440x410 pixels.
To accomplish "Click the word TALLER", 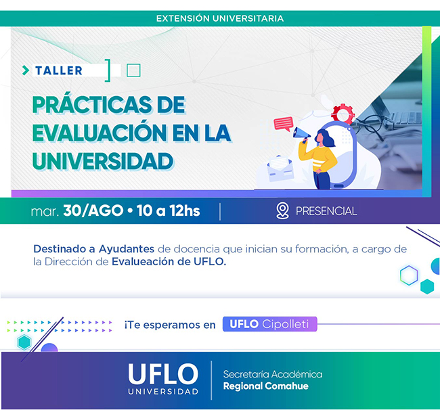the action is [59, 70].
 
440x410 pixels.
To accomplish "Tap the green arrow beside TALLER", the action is [26, 70].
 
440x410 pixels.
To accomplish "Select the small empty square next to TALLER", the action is [133, 70].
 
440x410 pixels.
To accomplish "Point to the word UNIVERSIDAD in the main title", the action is [103, 161].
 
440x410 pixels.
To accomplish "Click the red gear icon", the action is [343, 114].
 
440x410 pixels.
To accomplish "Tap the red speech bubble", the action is [284, 124].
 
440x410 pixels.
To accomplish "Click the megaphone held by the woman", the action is [301, 133].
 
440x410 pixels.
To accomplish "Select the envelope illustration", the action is [280, 168].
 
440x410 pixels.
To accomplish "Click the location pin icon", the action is [282, 210].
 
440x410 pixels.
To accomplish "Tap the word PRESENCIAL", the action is [326, 211].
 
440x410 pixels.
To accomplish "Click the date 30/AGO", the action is [93, 210].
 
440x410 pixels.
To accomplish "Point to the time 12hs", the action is [184, 210].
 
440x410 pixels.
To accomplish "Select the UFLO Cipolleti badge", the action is [269, 324].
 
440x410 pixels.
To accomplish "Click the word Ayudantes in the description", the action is [127, 249].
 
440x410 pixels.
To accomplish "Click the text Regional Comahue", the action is [266, 386].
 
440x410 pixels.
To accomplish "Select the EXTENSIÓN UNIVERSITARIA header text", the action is [220, 18].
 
